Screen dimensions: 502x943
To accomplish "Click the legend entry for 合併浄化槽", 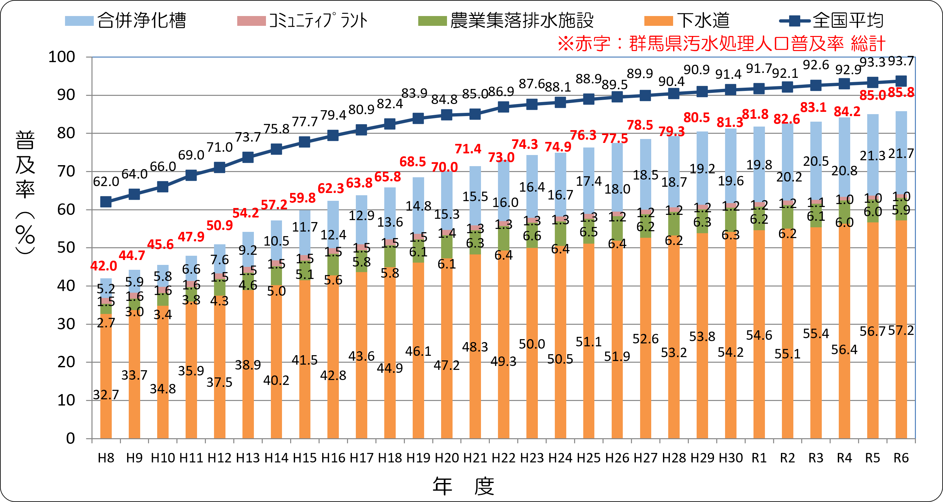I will click(x=125, y=21).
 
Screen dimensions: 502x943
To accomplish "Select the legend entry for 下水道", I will click(x=687, y=21).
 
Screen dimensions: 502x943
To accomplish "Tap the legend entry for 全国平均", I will click(x=831, y=21).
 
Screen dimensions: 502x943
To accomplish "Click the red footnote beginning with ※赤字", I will click(x=721, y=44).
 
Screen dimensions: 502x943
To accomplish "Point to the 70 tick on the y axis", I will click(x=66, y=171).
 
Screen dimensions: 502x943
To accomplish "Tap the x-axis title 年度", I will click(x=463, y=486).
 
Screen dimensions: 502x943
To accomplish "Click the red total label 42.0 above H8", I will click(x=104, y=266).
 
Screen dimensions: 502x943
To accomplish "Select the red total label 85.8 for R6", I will click(x=901, y=92).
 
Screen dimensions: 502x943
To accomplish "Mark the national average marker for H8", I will click(x=106, y=201).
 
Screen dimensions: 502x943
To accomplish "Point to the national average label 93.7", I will click(x=901, y=61).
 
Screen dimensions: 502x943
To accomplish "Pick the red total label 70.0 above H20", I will click(x=444, y=167).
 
